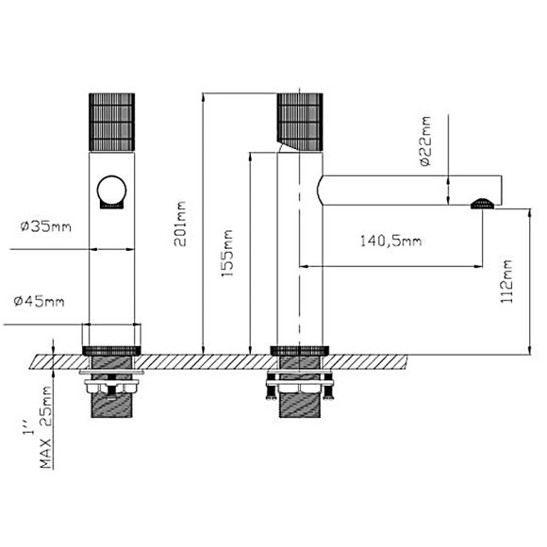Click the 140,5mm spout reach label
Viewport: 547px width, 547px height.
tap(390, 241)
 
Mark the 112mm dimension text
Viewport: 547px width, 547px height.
tap(509, 280)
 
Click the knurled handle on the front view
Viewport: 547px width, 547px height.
tap(112, 119)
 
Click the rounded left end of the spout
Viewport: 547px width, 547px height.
tap(323, 190)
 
